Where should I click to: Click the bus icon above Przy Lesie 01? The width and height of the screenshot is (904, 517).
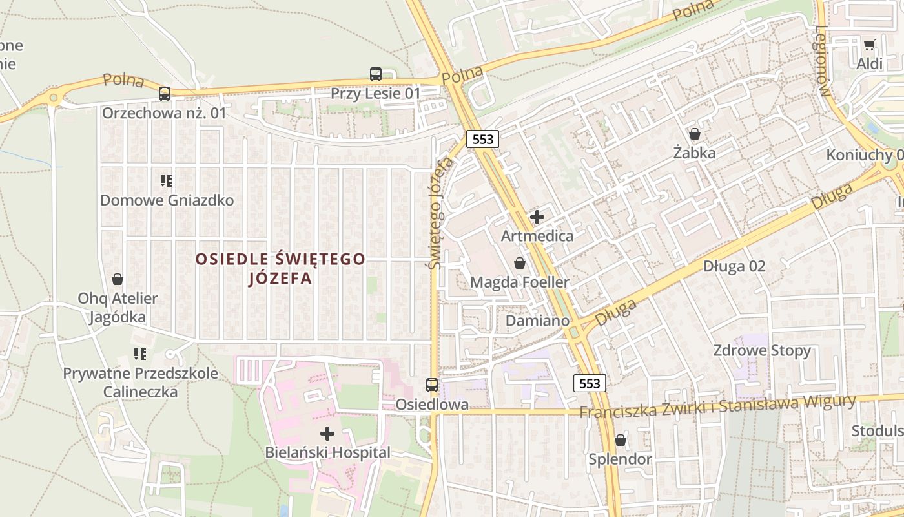point(376,74)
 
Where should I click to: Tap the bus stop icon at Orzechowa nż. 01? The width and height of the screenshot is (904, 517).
point(165,94)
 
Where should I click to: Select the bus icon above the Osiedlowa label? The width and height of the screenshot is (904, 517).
point(432,385)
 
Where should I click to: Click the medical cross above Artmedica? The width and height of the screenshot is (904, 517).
point(537,217)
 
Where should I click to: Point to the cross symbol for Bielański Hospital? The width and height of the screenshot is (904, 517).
point(327,433)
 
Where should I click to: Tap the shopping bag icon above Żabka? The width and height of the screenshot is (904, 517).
point(695,134)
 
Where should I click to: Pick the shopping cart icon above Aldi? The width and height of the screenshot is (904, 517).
point(869,45)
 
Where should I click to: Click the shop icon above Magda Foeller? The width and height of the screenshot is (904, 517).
point(519,263)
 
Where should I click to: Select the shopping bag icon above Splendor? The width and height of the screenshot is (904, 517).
point(620,440)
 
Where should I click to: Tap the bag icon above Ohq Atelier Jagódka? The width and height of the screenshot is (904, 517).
point(118,279)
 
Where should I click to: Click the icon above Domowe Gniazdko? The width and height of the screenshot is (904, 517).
point(167,181)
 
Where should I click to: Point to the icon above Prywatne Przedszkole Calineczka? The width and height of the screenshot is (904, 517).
point(140,353)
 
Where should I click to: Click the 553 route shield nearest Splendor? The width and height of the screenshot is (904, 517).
point(590,383)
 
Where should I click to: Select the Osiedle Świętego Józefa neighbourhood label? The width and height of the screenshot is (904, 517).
point(280,268)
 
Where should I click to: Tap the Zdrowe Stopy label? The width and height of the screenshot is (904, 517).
point(761,350)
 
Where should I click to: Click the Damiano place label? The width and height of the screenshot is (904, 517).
point(537,321)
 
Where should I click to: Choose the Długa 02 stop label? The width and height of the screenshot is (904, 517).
point(734,266)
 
